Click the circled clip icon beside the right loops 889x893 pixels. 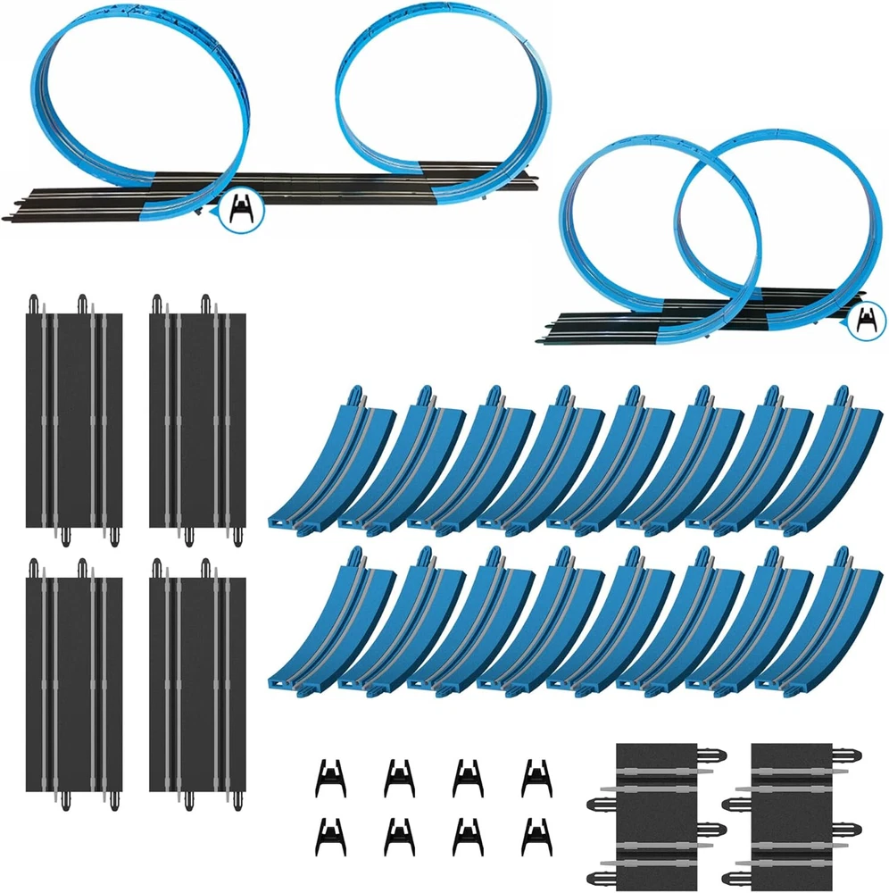[867, 320]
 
